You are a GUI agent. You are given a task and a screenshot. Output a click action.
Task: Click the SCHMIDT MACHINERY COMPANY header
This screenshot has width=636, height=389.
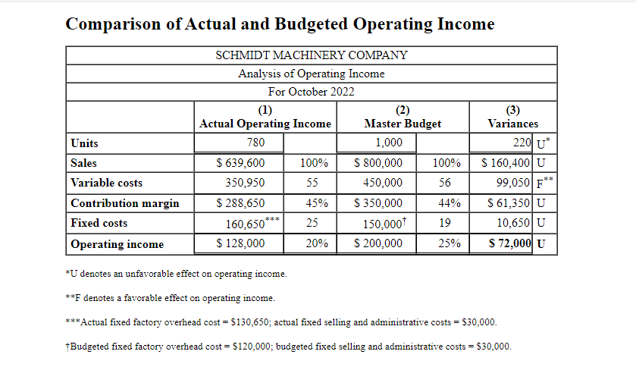pyautogui.click(x=311, y=55)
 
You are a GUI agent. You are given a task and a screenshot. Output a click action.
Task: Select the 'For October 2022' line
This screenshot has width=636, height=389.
pyautogui.click(x=311, y=92)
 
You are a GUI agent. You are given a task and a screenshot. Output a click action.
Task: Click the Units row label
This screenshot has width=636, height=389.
pyautogui.click(x=84, y=143)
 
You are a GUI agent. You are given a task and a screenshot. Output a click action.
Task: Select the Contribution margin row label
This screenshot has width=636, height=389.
pyautogui.click(x=125, y=203)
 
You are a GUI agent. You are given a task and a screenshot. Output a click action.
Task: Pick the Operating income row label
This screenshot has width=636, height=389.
pyautogui.click(x=117, y=244)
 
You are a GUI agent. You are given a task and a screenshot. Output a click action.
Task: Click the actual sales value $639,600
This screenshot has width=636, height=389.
pyautogui.click(x=240, y=163)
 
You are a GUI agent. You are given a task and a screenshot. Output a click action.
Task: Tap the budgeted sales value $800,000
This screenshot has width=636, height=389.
pyautogui.click(x=378, y=163)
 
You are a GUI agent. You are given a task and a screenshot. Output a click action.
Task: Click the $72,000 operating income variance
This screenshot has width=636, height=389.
pyautogui.click(x=509, y=243)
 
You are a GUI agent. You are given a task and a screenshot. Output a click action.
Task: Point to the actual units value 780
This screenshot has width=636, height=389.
pyautogui.click(x=256, y=143)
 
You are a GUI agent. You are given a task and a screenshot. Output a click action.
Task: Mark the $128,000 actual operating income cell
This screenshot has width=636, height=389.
pyautogui.click(x=240, y=243)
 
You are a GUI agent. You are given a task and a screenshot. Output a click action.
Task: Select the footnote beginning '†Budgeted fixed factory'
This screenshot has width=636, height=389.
pyautogui.click(x=289, y=347)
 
